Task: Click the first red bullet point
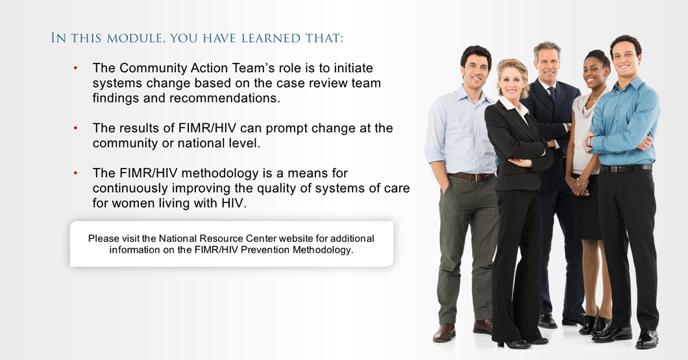coord(75,68)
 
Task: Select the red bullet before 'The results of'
coord(75,128)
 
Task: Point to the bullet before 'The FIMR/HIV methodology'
coord(75,173)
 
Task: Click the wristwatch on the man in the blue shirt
coord(589,141)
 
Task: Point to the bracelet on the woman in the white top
coord(582,182)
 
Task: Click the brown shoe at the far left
coord(444,332)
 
